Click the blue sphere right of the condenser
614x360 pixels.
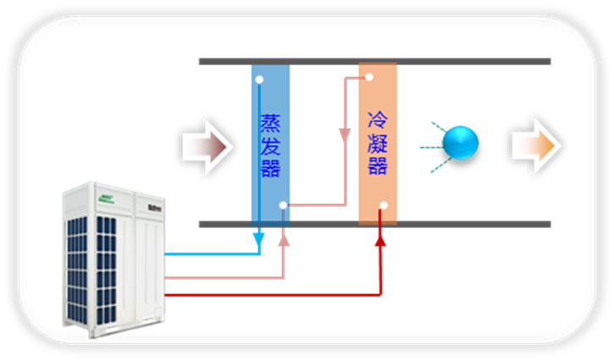pyautogui.click(x=462, y=142)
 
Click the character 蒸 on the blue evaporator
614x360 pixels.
pyautogui.click(x=270, y=125)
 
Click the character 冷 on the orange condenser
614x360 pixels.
pyautogui.click(x=377, y=119)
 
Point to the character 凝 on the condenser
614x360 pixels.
pyautogui.click(x=377, y=141)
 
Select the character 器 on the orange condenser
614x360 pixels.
pyautogui.click(x=377, y=163)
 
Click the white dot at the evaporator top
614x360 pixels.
pyautogui.click(x=259, y=80)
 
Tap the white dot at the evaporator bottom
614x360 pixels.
pyautogui.click(x=283, y=205)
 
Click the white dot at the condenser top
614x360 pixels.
pyautogui.click(x=369, y=78)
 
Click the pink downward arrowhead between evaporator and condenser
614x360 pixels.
pyautogui.click(x=345, y=136)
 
